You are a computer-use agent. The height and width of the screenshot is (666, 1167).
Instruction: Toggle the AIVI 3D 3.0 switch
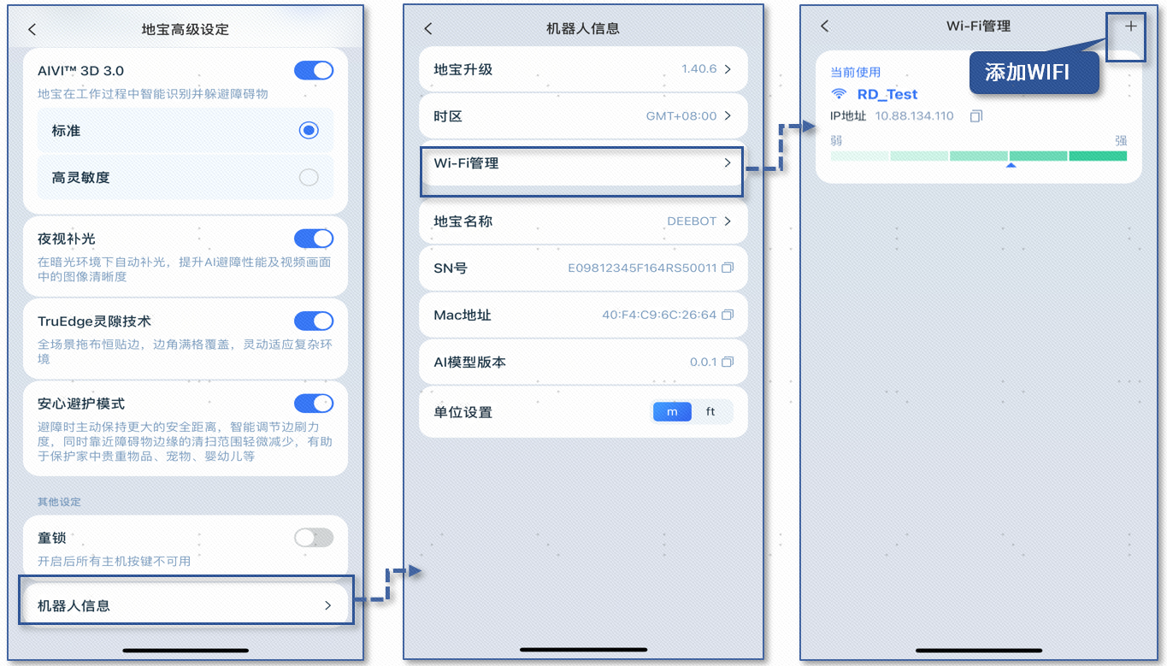pos(313,71)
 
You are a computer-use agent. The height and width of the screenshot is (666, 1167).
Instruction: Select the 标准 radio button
pos(309,131)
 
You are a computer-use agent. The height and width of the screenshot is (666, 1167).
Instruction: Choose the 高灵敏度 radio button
pos(309,178)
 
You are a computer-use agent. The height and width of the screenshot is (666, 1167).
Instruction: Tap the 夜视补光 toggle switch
pos(313,239)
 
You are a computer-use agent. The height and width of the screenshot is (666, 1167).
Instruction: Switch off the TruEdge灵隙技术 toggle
pos(313,321)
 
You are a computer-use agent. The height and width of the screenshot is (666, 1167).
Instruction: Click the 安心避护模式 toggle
pos(313,404)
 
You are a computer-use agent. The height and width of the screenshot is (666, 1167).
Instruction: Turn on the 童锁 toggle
pos(313,538)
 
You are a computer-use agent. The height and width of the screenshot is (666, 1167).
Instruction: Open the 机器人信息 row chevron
pos(327,605)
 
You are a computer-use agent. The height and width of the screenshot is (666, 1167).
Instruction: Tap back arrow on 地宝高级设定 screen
pos(32,29)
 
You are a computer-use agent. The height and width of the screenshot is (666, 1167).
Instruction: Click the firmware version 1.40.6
pos(698,69)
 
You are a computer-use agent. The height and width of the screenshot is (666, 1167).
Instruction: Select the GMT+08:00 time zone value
pos(681,116)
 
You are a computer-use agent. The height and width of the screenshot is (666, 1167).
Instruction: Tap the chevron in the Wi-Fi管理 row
pos(728,162)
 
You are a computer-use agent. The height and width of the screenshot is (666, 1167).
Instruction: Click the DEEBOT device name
pos(691,221)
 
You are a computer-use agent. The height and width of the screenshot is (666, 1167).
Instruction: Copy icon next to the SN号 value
pos(728,268)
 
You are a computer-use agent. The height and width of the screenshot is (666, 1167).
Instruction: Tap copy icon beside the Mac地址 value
pos(728,315)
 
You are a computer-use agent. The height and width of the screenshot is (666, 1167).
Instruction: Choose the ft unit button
pos(710,412)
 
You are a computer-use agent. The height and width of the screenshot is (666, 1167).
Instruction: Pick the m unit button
pos(672,412)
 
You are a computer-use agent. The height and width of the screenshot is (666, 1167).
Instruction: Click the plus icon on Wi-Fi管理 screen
pos(1130,27)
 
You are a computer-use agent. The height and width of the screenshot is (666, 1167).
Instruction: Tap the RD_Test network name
pos(887,94)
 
